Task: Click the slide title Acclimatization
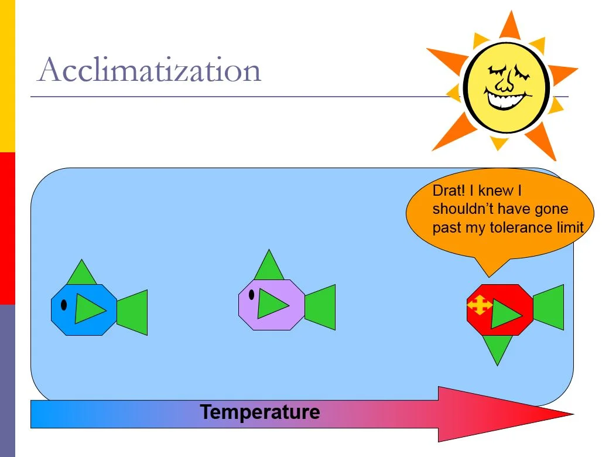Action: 149,70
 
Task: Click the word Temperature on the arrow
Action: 260,412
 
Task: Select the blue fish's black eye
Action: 63,305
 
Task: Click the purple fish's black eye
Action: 251,294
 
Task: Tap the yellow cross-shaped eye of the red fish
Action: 480,305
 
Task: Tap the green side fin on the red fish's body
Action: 504,313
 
